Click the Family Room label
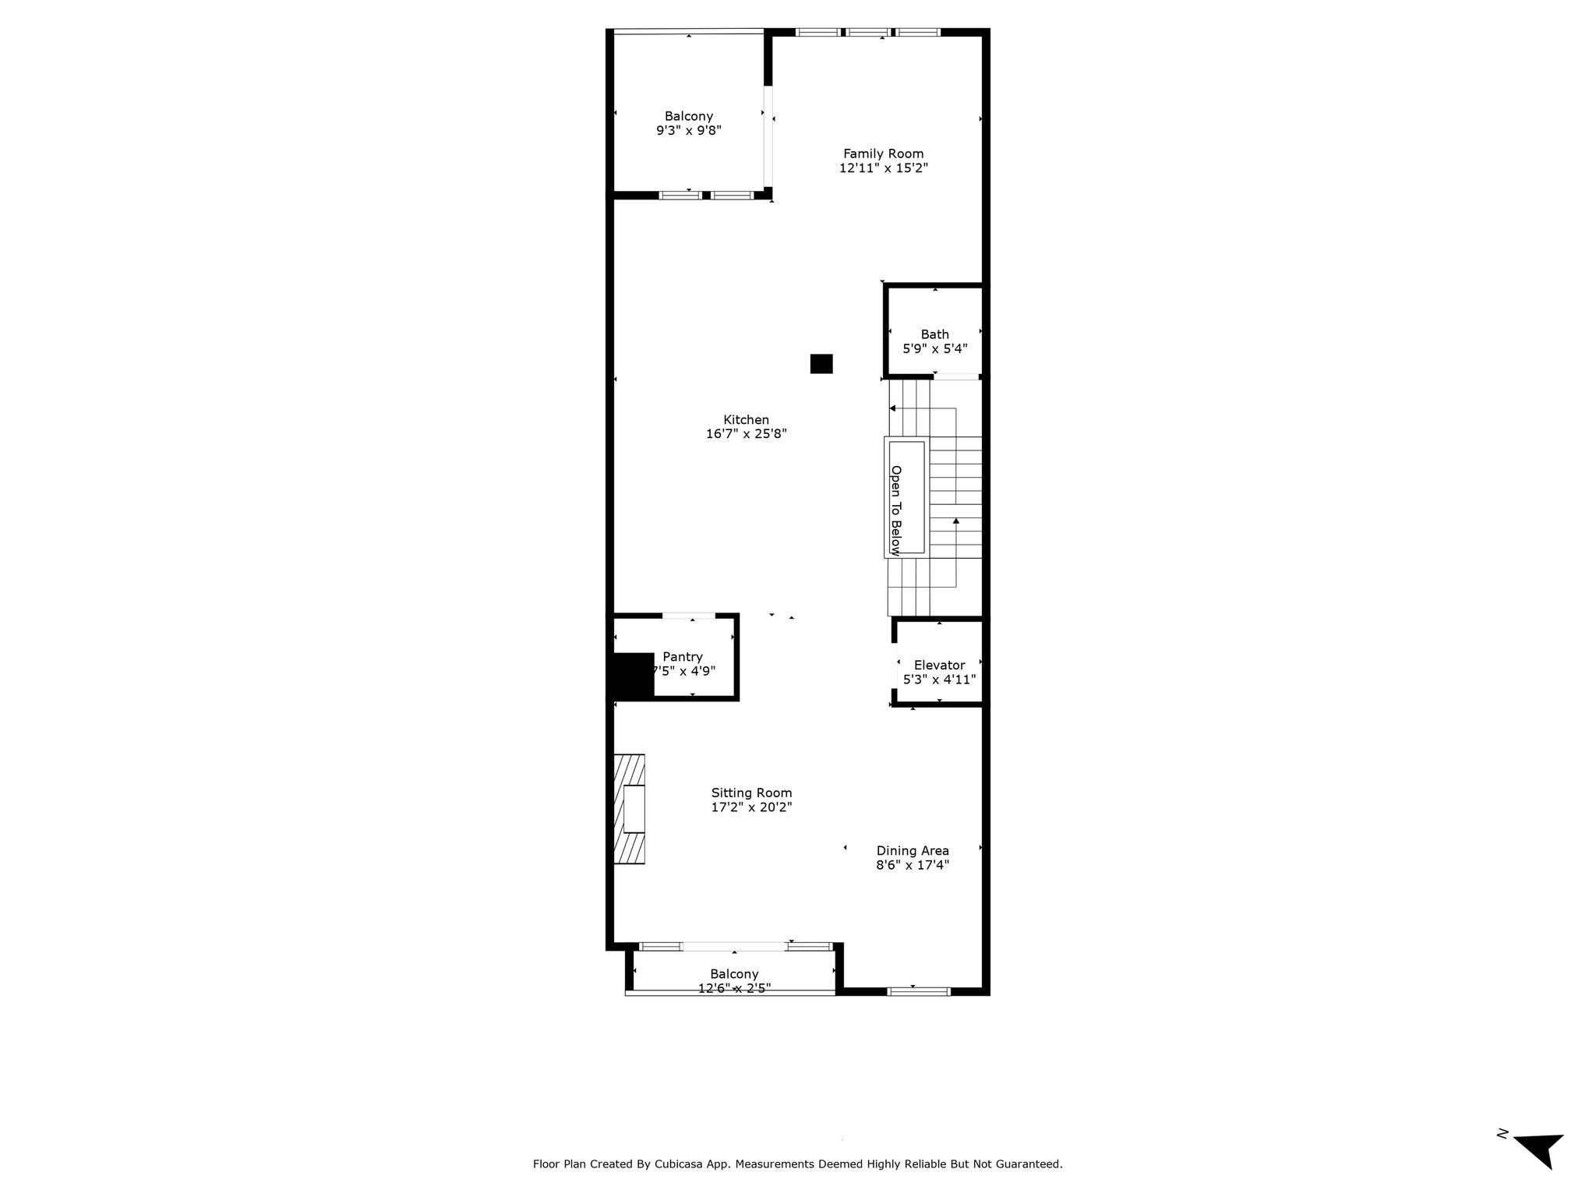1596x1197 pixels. click(x=883, y=154)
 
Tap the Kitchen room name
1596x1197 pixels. click(x=746, y=420)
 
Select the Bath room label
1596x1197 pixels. click(x=934, y=334)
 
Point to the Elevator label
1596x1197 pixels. click(x=939, y=665)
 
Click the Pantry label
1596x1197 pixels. click(x=682, y=657)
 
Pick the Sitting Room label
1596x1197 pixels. click(x=751, y=793)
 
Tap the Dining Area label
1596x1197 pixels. click(x=913, y=851)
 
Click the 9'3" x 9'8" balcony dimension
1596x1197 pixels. click(x=689, y=131)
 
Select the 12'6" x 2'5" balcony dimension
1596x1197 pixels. click(x=734, y=988)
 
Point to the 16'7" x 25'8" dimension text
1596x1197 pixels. click(x=746, y=434)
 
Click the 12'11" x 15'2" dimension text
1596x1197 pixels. click(x=883, y=168)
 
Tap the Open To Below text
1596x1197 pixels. click(x=895, y=510)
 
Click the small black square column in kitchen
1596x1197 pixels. click(x=821, y=364)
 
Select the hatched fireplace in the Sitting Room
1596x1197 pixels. click(x=630, y=809)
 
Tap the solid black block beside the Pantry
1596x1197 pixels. click(x=631, y=675)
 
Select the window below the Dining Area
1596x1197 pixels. click(x=919, y=991)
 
